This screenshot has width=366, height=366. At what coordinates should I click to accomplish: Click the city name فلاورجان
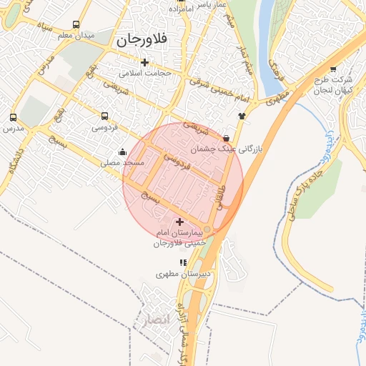coord(140,41)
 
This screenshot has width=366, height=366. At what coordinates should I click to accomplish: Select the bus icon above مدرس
coord(13,117)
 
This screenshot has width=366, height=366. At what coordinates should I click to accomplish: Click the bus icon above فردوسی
coord(105,116)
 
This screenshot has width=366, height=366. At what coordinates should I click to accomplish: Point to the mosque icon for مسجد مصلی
coord(123,152)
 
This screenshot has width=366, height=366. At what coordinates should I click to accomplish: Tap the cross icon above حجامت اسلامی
coord(145,62)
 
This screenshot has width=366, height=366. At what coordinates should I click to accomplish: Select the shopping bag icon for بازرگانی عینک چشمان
coord(227,137)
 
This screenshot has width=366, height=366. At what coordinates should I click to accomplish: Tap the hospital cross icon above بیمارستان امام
coord(179,222)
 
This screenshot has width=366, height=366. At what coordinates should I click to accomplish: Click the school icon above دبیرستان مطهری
coord(182,263)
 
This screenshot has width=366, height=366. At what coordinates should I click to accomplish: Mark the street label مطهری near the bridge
coord(279,97)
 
